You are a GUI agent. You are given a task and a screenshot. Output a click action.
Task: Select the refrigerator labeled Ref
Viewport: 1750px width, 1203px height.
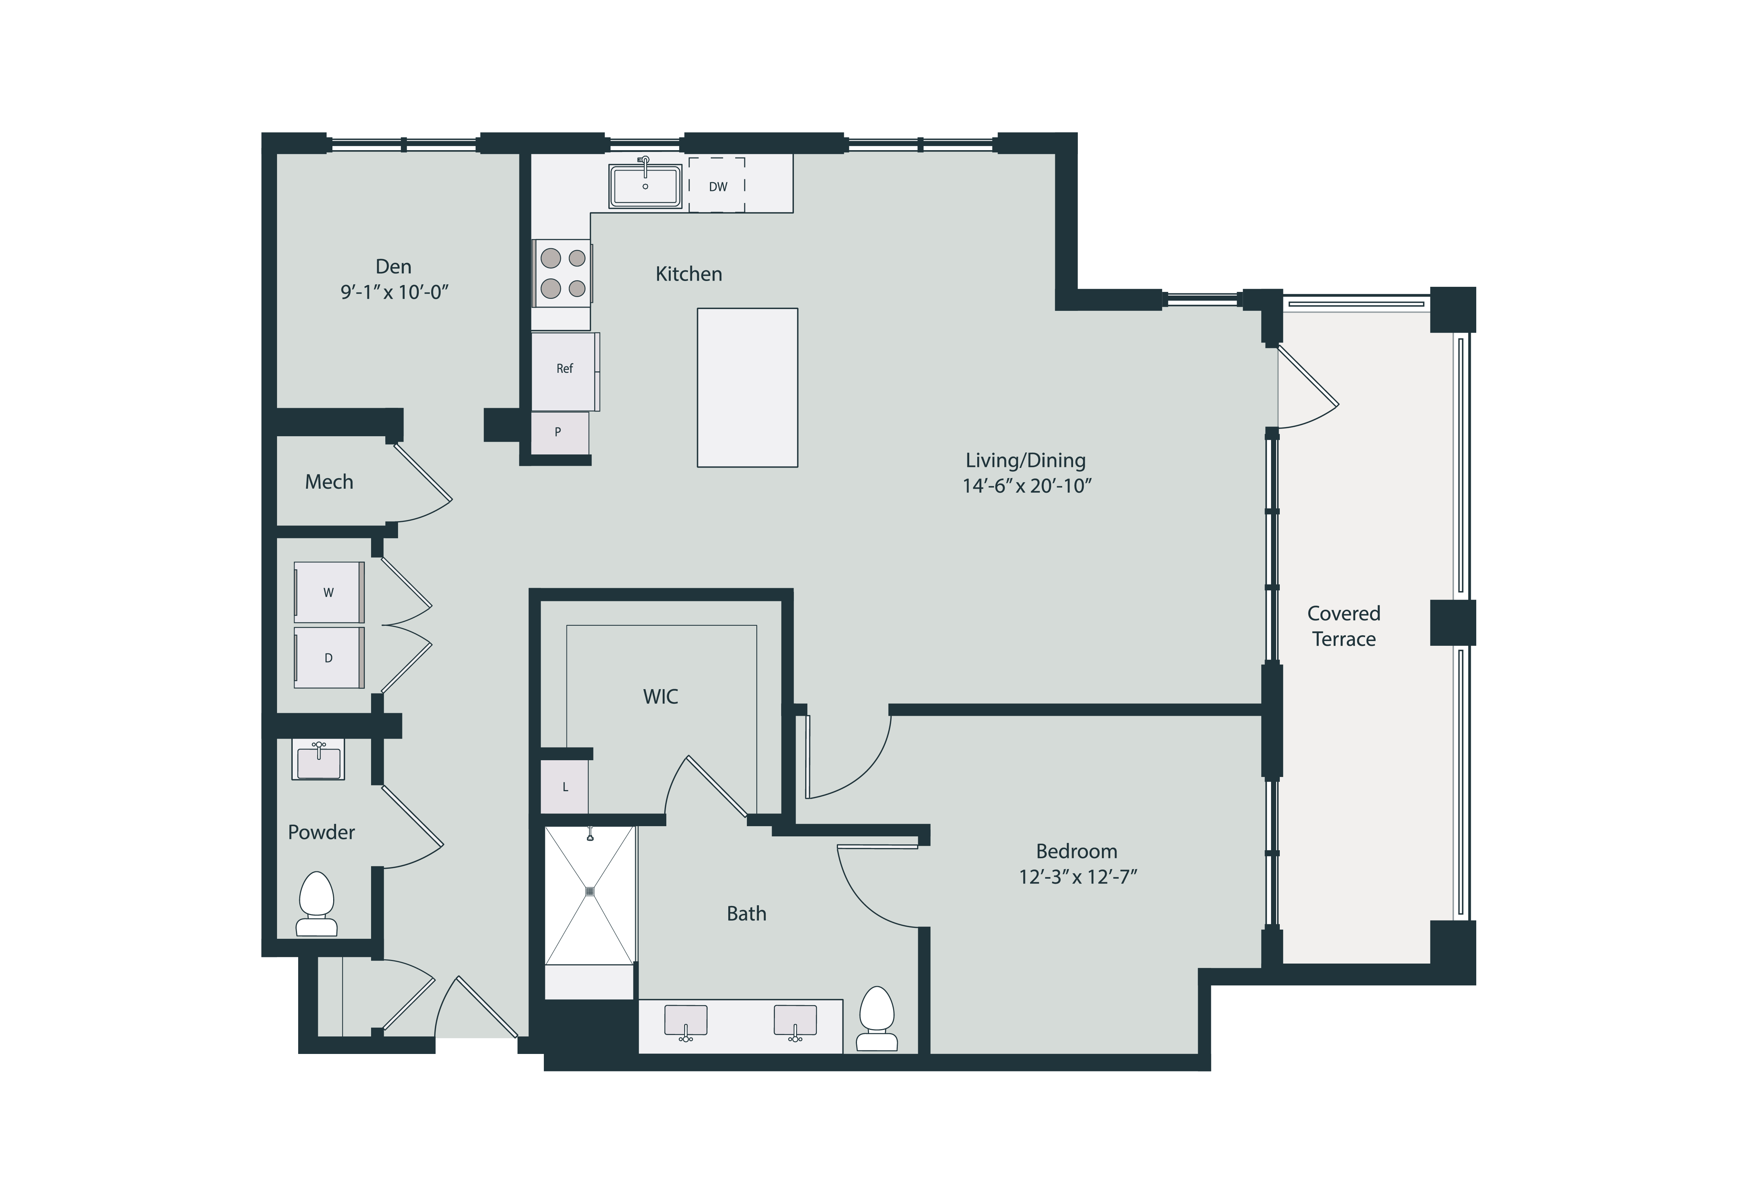tap(565, 369)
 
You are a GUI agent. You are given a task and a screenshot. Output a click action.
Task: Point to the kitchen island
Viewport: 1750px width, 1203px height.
tap(747, 387)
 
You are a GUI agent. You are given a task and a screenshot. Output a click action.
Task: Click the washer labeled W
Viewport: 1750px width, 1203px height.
tap(329, 593)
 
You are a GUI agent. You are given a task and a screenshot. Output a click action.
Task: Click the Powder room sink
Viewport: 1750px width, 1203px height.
tap(319, 760)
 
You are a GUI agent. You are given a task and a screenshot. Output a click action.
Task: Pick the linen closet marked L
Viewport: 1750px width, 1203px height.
tap(565, 787)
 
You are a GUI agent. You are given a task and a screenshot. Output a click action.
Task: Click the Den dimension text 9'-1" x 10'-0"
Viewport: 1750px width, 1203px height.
tap(394, 292)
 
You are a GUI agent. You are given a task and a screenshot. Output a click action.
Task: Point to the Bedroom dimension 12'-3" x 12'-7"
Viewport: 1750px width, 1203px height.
tap(1077, 876)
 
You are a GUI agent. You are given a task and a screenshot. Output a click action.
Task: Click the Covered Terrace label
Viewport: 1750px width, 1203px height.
tap(1344, 626)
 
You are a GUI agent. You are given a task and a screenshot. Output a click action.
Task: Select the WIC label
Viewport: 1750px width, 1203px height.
tap(660, 696)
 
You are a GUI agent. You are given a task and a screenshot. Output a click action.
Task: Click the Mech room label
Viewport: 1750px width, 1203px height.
tap(329, 482)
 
